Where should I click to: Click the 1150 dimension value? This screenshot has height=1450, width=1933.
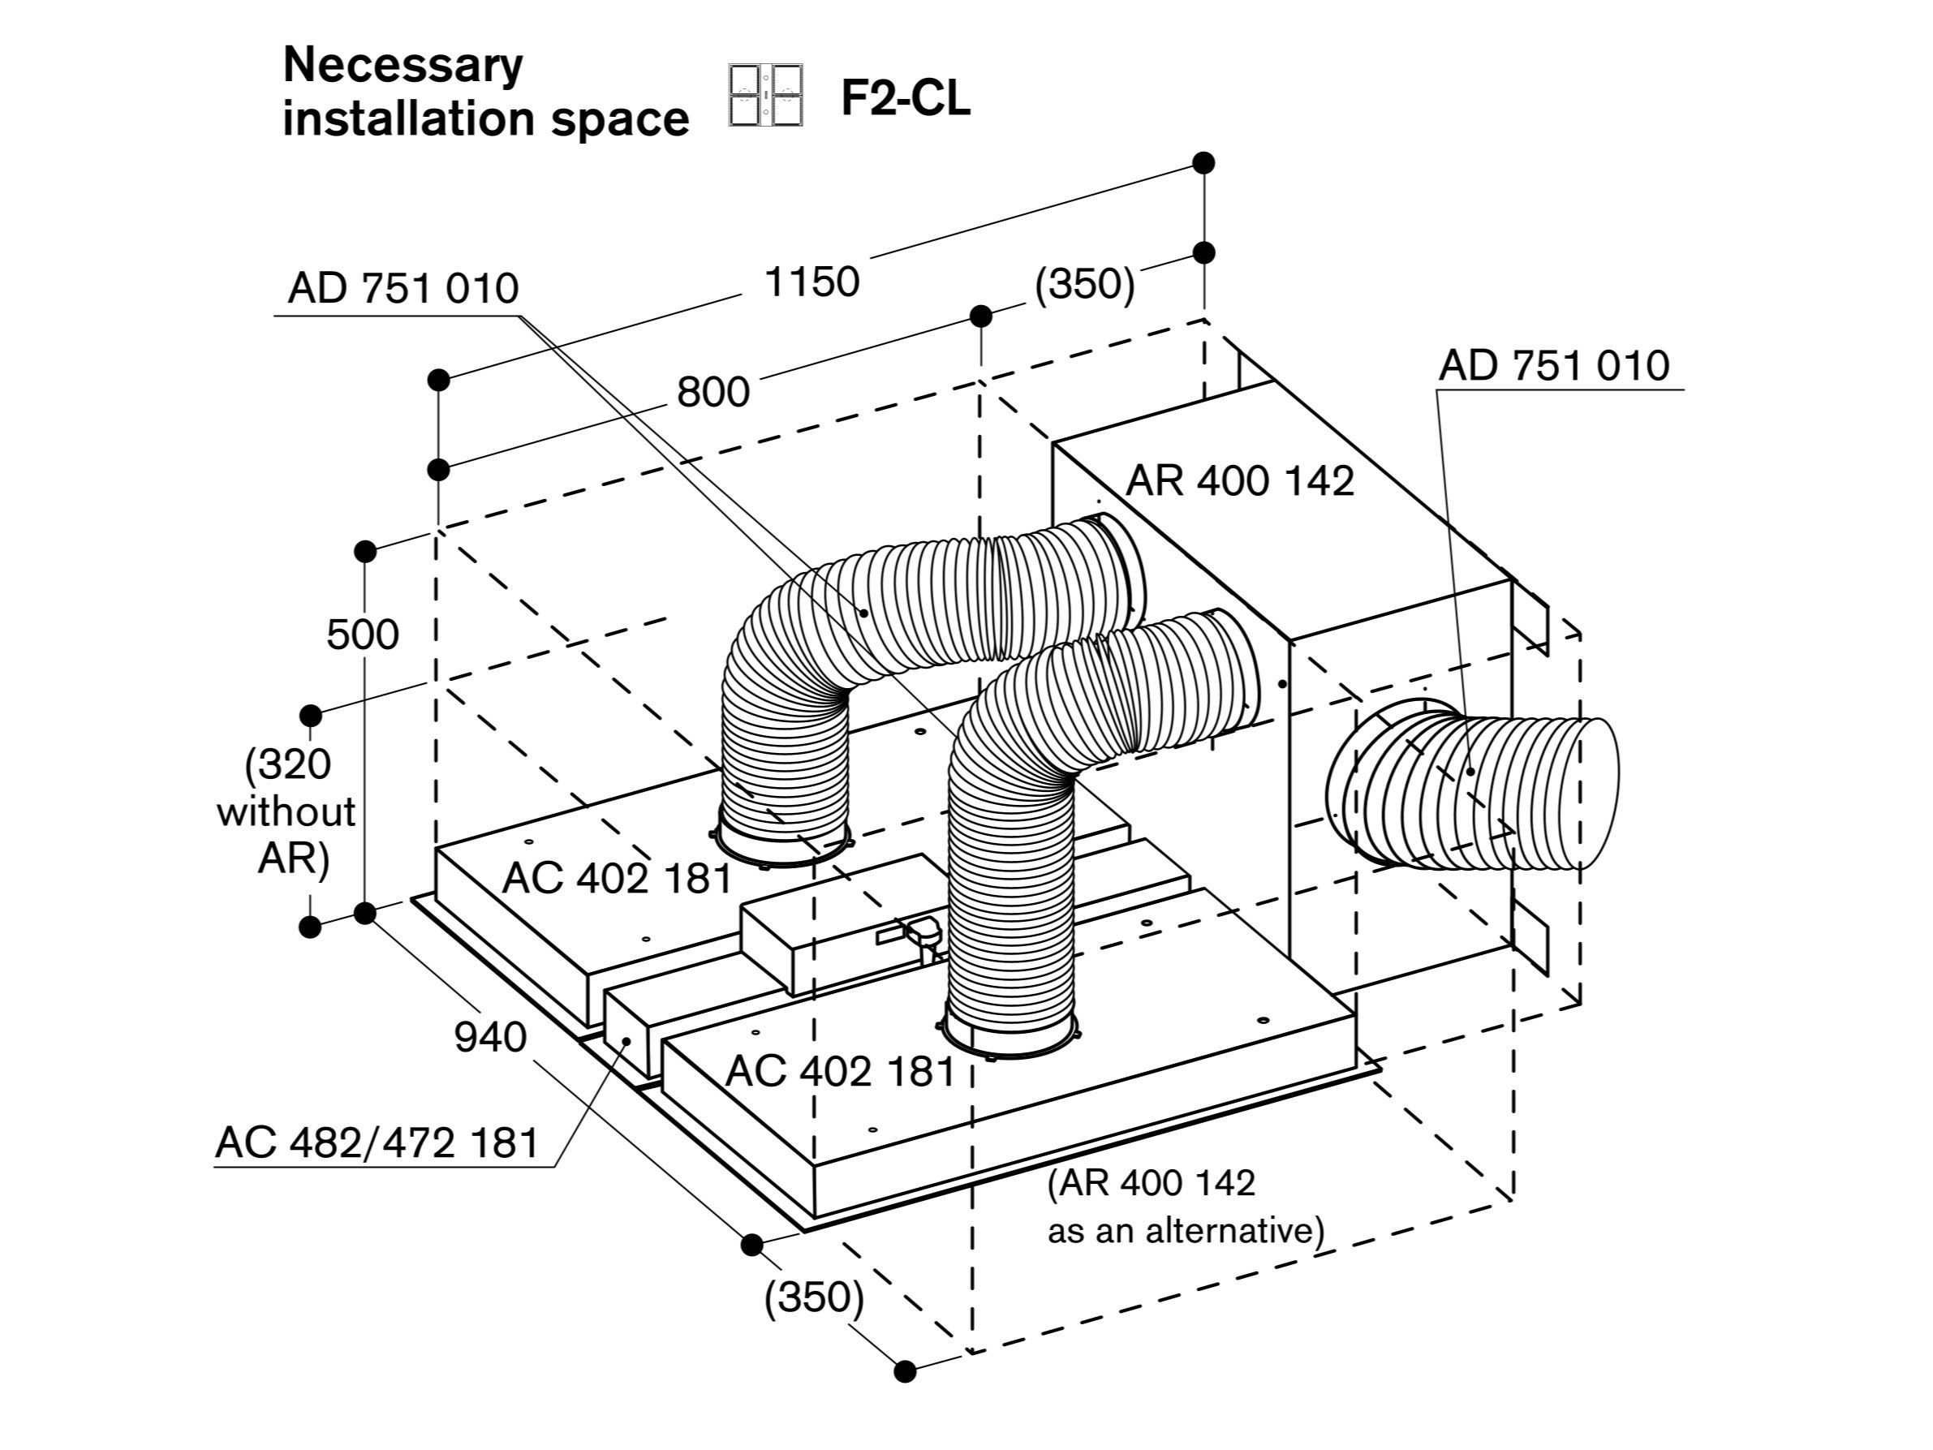[x=812, y=282]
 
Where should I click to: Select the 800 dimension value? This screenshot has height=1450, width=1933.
[x=713, y=392]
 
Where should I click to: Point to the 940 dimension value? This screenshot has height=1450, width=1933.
[x=490, y=1038]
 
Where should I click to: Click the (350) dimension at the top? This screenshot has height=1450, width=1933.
[x=1084, y=284]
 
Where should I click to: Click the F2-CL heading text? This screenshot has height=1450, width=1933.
[x=905, y=98]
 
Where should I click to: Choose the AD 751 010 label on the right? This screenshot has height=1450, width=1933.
[x=1554, y=365]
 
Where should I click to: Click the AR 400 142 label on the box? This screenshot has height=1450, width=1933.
[x=1239, y=480]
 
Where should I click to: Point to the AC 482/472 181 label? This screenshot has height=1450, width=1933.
[x=377, y=1142]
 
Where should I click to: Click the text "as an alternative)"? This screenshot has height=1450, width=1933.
[x=1186, y=1231]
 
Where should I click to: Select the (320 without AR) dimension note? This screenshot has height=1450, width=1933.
[x=286, y=812]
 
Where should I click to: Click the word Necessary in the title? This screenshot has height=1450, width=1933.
[x=403, y=66]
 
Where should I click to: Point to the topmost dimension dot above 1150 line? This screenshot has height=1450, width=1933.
[x=1204, y=162]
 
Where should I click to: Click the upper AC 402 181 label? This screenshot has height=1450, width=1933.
[x=616, y=879]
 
